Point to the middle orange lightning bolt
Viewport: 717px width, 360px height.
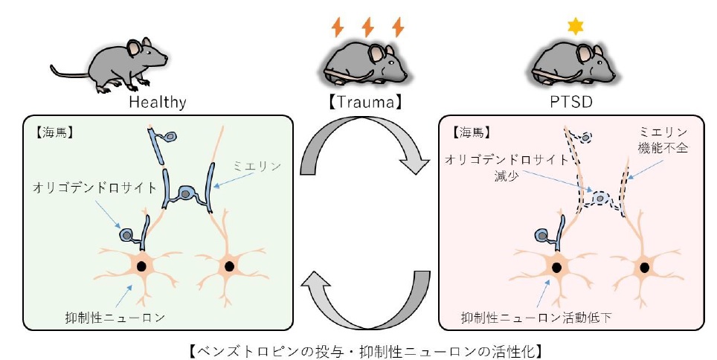pos(367,28)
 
